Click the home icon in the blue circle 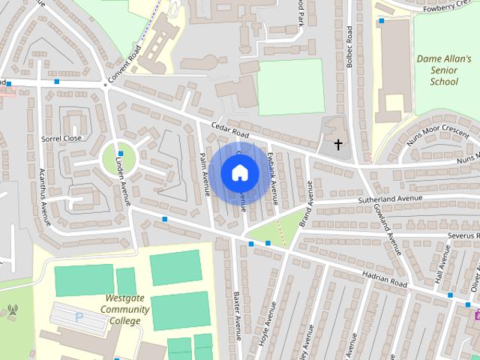coord(239,172)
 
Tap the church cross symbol coord(337,143)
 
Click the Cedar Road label coord(229,130)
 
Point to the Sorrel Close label coord(61,139)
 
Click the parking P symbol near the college coord(79,317)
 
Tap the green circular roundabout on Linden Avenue coord(119,157)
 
